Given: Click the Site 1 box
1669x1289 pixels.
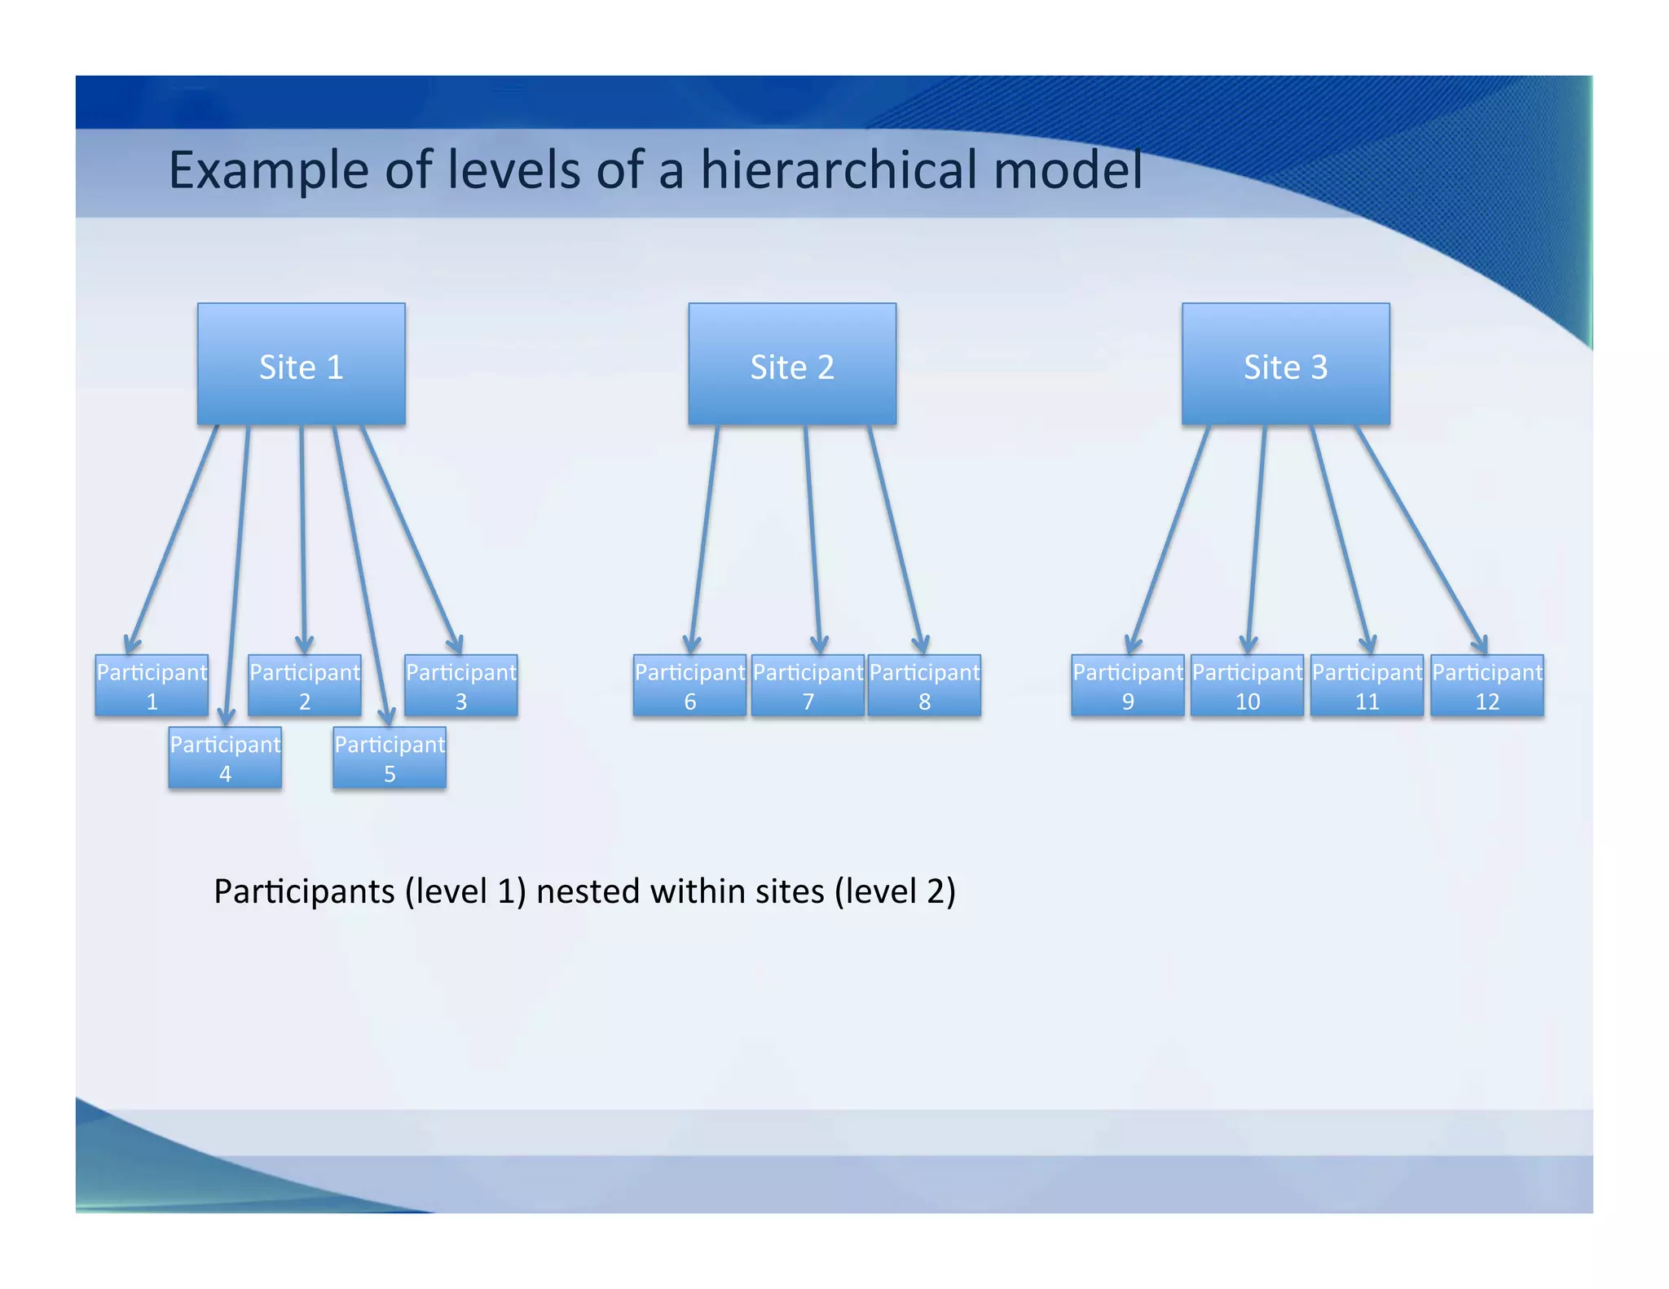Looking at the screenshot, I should point(301,364).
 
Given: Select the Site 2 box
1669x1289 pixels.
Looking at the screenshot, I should point(792,364).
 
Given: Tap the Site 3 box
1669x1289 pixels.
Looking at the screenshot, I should point(1285,364).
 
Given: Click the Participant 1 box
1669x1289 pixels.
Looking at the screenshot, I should point(152,686).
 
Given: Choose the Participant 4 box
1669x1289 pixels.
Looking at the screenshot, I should point(225,758).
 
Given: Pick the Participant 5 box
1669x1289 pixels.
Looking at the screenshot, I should point(390,758).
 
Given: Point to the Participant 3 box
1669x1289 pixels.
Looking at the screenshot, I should point(461,686).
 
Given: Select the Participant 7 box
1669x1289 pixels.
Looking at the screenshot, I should point(808,686).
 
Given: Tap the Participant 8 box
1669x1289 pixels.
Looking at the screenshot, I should point(924,686).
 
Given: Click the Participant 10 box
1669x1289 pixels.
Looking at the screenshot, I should point(1247,686).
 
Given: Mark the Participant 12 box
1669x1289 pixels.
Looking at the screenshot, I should point(1487,686).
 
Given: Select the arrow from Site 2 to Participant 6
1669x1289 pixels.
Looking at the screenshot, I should point(705,538).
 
